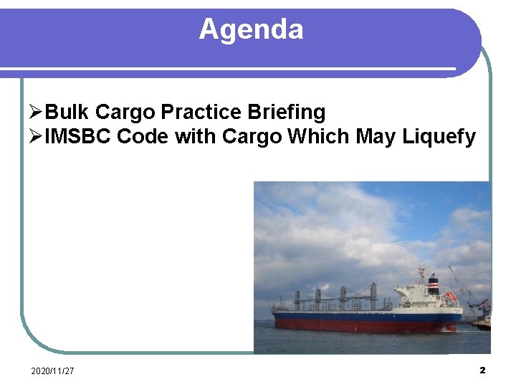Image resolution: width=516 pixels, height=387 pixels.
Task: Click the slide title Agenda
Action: (251, 29)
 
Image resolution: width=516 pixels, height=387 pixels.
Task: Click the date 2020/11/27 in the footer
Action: (52, 371)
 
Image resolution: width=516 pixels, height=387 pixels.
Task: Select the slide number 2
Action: (482, 370)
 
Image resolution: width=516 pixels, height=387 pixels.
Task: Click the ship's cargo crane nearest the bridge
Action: (373, 294)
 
